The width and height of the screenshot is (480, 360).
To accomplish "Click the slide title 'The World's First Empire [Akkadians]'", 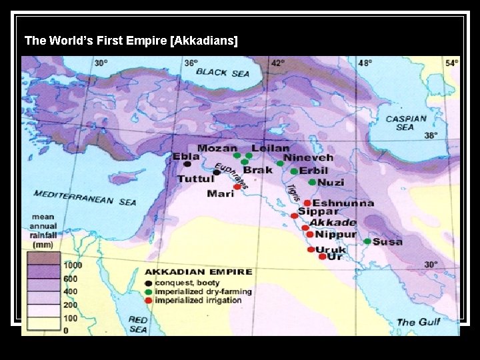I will pyautogui.click(x=131, y=41).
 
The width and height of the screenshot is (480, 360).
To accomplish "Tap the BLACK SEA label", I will pyautogui.click(x=221, y=72).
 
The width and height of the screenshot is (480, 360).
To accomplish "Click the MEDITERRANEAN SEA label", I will pyautogui.click(x=85, y=198).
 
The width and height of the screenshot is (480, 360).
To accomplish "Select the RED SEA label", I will pyautogui.click(x=139, y=324).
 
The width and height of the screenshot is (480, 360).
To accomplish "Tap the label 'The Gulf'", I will pyautogui.click(x=420, y=322).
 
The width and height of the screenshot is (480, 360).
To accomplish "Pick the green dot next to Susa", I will pyautogui.click(x=367, y=241).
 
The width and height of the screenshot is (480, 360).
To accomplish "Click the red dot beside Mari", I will pyautogui.click(x=237, y=187).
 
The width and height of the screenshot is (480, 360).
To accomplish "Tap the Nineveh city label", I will pyautogui.click(x=308, y=159).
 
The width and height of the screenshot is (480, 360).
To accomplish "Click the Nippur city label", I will pyautogui.click(x=335, y=234).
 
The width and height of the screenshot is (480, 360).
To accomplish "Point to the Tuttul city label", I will pyautogui.click(x=195, y=179).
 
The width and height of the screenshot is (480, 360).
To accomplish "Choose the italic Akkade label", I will pyautogui.click(x=332, y=223).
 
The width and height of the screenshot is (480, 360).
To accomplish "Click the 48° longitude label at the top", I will pyautogui.click(x=365, y=63).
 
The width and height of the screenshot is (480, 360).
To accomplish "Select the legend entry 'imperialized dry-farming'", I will pyautogui.click(x=203, y=291).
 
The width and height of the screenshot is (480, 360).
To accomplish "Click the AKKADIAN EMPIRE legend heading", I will pyautogui.click(x=198, y=272).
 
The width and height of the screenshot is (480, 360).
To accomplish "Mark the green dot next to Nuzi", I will pyautogui.click(x=311, y=182).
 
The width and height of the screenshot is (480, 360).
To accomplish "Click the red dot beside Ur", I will pyautogui.click(x=323, y=257).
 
